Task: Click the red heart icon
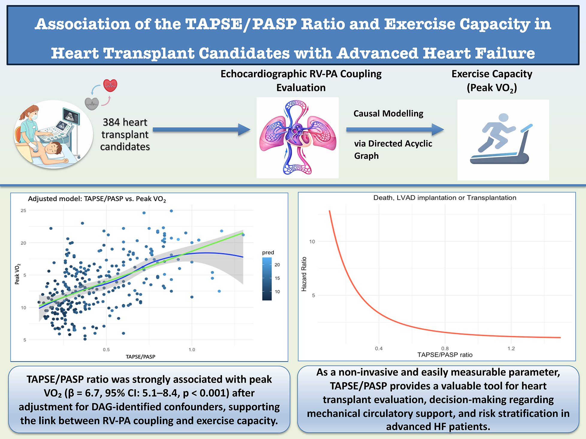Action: click(x=110, y=86)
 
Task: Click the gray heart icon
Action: click(x=92, y=104)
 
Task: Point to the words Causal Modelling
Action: click(x=388, y=113)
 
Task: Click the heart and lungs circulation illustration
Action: click(x=297, y=138)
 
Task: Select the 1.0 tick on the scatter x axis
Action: click(x=192, y=349)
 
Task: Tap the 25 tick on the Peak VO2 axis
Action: click(x=23, y=211)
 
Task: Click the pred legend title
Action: click(x=268, y=252)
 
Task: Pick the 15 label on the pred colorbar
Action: click(x=277, y=278)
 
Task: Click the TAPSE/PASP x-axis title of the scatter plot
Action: click(x=140, y=357)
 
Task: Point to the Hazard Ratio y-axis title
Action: click(x=304, y=274)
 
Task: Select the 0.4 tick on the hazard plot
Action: click(x=379, y=349)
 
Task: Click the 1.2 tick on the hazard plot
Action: click(x=511, y=349)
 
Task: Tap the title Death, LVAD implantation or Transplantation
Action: click(x=445, y=198)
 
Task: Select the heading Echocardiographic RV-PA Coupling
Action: click(x=301, y=74)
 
